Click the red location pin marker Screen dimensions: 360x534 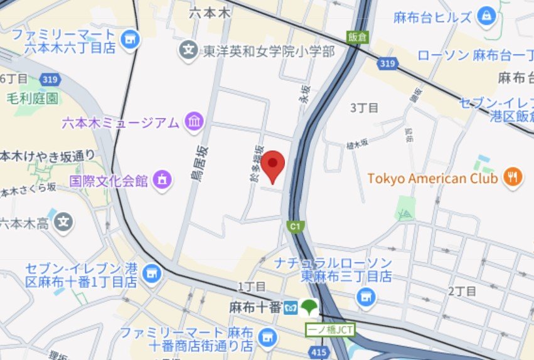coord(273,165)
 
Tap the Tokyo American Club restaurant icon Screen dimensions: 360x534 coord(513,178)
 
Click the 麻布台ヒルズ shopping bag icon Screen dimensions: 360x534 coord(486,17)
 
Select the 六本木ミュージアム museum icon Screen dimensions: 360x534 coord(195,122)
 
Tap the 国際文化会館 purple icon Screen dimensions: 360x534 coord(162,181)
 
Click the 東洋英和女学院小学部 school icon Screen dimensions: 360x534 coord(188,51)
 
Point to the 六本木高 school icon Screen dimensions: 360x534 coord(63,222)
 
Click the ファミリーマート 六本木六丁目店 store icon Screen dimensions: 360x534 coord(131,39)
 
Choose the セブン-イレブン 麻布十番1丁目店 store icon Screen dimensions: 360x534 coord(151,274)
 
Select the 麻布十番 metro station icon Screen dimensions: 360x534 coord(291,307)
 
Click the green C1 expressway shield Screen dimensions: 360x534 coord(294,226)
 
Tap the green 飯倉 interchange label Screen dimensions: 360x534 coord(356,36)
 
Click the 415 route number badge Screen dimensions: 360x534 coord(319,353)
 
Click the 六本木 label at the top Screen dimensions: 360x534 coord(211,13)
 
